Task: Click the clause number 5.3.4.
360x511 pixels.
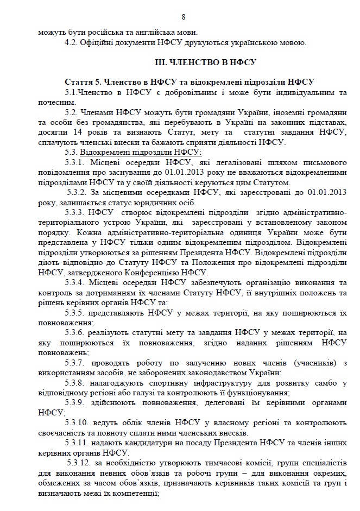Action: pyautogui.click(x=77, y=282)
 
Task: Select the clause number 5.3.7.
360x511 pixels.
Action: pyautogui.click(x=77, y=362)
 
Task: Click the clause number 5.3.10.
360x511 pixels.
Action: pyautogui.click(x=79, y=422)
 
